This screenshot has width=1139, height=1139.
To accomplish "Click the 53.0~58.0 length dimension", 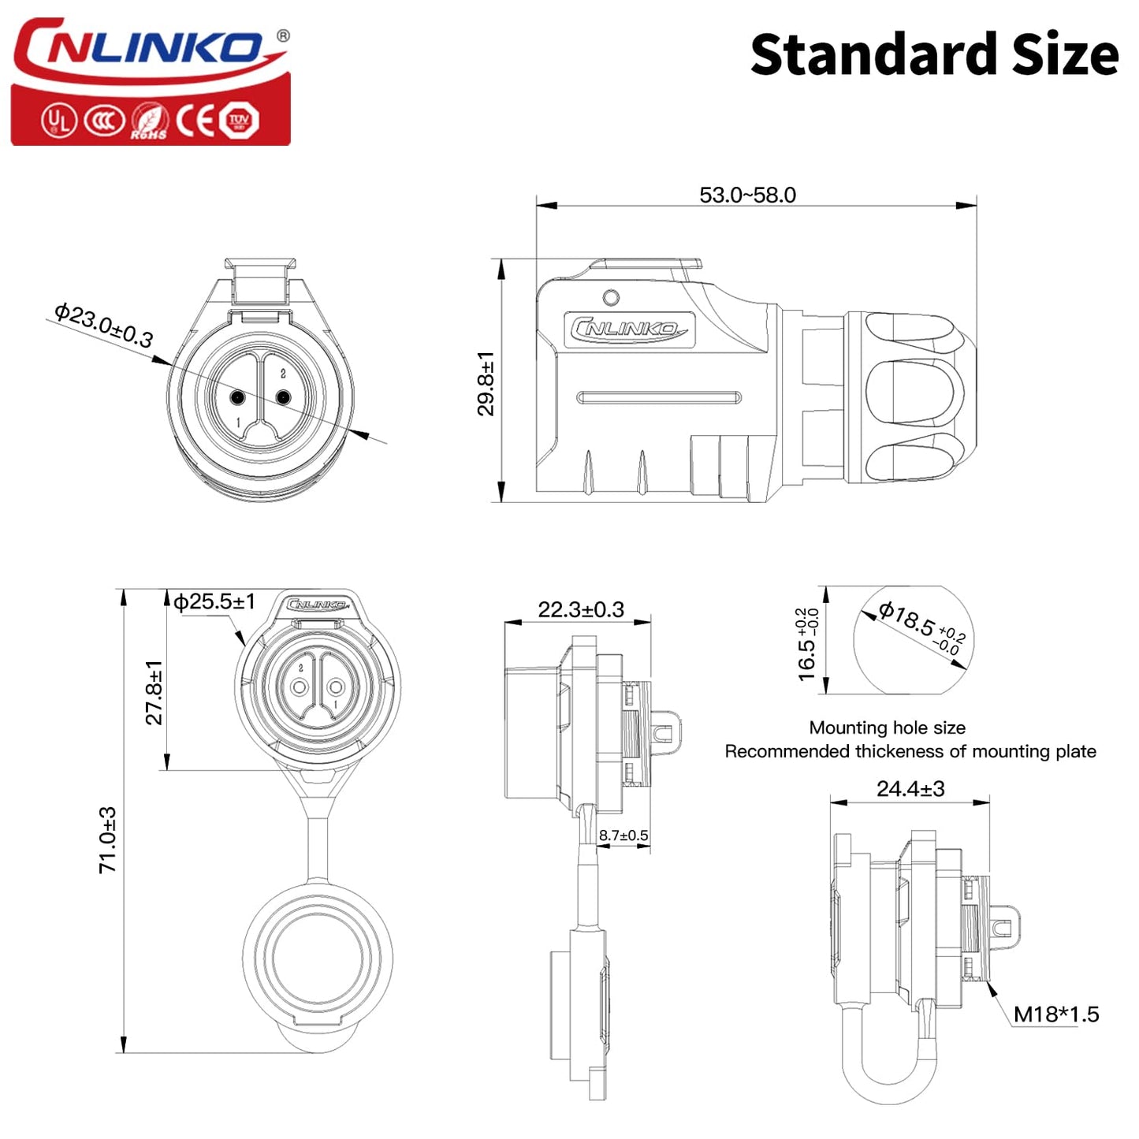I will tap(747, 195).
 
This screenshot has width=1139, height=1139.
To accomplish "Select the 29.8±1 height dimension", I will tap(486, 383).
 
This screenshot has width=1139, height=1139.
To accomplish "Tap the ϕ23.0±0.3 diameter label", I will tap(103, 325).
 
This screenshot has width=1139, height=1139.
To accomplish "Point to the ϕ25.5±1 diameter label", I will tap(214, 601).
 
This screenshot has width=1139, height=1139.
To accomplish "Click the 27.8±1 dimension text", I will tap(154, 692).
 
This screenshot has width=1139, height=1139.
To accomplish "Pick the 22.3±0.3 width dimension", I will tap(581, 609).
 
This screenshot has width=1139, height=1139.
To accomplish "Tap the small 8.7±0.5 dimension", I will tap(623, 836).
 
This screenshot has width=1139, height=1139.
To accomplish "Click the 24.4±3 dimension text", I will tap(910, 788).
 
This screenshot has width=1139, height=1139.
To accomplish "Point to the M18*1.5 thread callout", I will tap(1055, 1014).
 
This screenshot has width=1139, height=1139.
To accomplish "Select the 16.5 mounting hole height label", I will tap(807, 645).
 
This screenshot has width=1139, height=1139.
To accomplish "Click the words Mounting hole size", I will tap(887, 728).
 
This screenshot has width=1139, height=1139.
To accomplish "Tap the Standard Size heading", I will tap(934, 55).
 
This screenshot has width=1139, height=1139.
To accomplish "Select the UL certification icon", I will tap(58, 121).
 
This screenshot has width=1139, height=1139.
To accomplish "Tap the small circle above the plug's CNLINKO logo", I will tap(611, 298).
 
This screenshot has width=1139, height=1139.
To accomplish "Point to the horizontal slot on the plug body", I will tap(660, 397).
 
